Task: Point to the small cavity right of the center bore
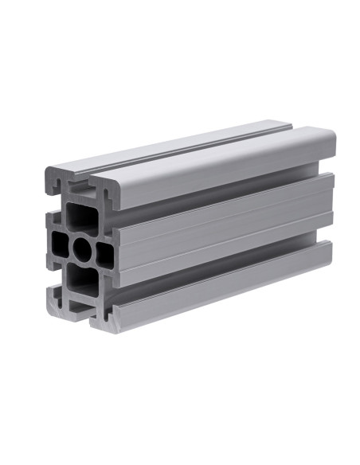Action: tap(104, 253)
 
